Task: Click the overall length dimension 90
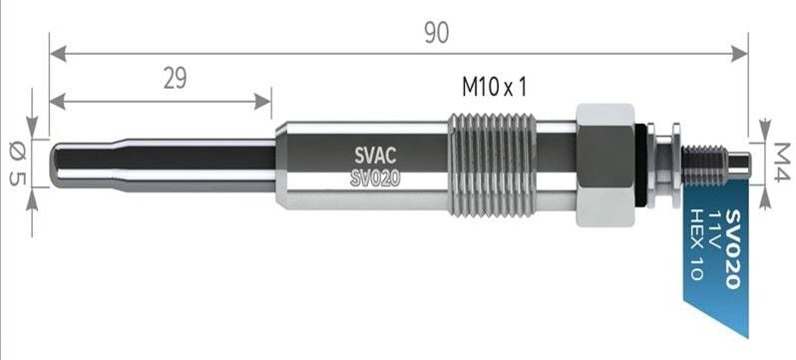tap(437, 33)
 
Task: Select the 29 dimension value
tap(175, 79)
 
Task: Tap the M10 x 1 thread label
tap(494, 88)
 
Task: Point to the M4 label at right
tap(782, 162)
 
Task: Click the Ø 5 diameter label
tap(18, 164)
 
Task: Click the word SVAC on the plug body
tap(375, 154)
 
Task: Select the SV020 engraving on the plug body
tap(375, 179)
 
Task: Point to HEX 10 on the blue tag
tap(696, 244)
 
